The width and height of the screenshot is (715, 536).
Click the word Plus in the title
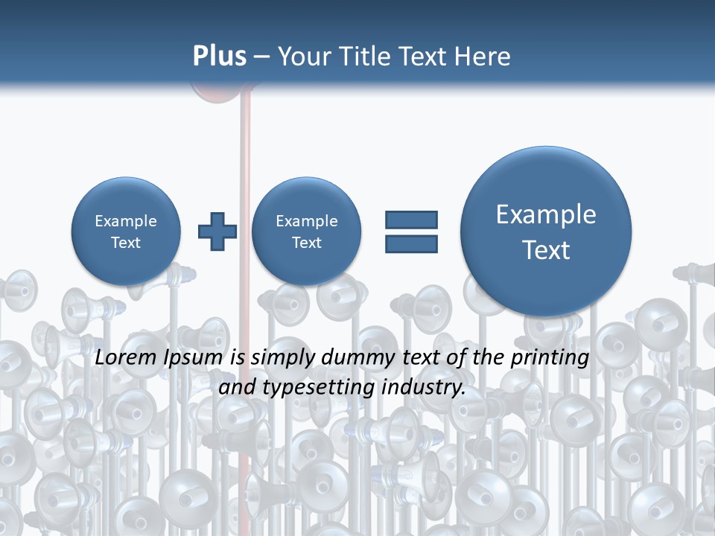pos(219,57)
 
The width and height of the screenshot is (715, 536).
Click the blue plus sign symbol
pos(217,232)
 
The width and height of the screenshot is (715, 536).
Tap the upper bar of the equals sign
pos(411,220)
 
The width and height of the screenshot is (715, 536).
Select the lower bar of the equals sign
pos(411,243)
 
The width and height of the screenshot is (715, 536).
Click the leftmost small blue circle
pos(126,232)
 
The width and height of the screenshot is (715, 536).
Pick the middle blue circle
pos(307,232)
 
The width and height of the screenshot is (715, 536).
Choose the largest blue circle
pos(546,231)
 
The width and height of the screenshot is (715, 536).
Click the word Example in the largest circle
pos(546,214)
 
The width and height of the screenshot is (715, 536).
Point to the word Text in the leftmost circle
pos(126,243)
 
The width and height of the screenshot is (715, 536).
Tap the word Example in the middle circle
pos(307,221)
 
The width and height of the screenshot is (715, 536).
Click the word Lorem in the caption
pos(126,357)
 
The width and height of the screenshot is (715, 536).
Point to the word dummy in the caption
pos(355,358)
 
